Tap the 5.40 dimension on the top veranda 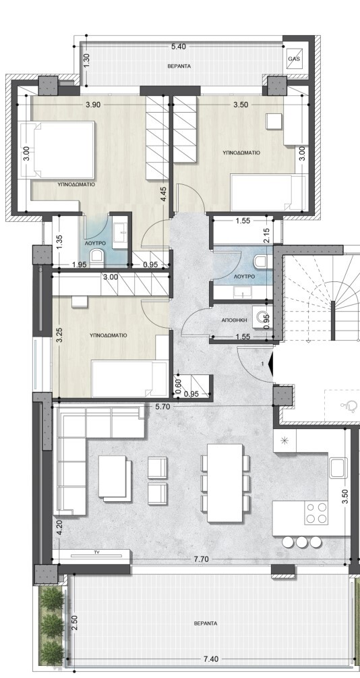178,47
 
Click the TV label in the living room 96,552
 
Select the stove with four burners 316,513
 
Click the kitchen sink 338,468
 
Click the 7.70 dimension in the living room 202,559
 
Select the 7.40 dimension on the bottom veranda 210,659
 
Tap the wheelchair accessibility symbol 350,405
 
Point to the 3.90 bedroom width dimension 94,105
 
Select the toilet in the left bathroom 96,258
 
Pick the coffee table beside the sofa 115,478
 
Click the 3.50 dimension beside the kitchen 344,497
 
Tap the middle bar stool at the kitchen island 301,541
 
